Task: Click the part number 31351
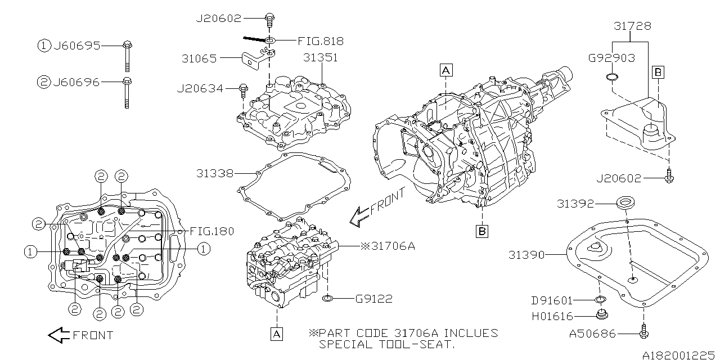pyautogui.click(x=321, y=57)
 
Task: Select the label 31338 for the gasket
pyautogui.click(x=215, y=173)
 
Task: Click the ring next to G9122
pyautogui.click(x=330, y=298)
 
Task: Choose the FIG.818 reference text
pyautogui.click(x=322, y=41)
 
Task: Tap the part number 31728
pyautogui.click(x=632, y=26)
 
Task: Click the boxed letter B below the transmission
pyautogui.click(x=483, y=231)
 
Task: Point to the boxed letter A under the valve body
pyautogui.click(x=277, y=334)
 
